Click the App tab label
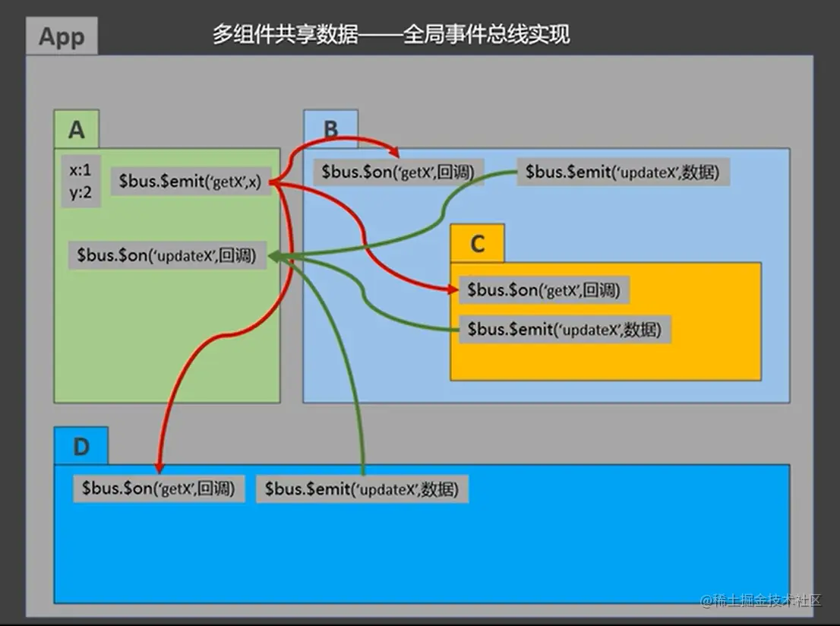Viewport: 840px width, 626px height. (62, 37)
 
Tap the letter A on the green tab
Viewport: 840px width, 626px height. (76, 130)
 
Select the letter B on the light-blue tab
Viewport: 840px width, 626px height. (330, 130)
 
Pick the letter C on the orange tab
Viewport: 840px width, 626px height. (477, 244)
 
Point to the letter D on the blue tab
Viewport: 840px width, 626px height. (81, 447)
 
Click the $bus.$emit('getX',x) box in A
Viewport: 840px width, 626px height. (191, 181)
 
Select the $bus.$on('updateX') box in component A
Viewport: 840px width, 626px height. (167, 255)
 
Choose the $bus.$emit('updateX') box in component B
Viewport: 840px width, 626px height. (623, 172)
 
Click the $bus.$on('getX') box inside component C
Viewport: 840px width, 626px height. (544, 289)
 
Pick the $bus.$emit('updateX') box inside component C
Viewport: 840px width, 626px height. (564, 330)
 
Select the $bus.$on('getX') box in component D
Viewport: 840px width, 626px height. (159, 488)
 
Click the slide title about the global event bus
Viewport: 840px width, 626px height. (390, 35)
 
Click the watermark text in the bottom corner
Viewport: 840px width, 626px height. (761, 600)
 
